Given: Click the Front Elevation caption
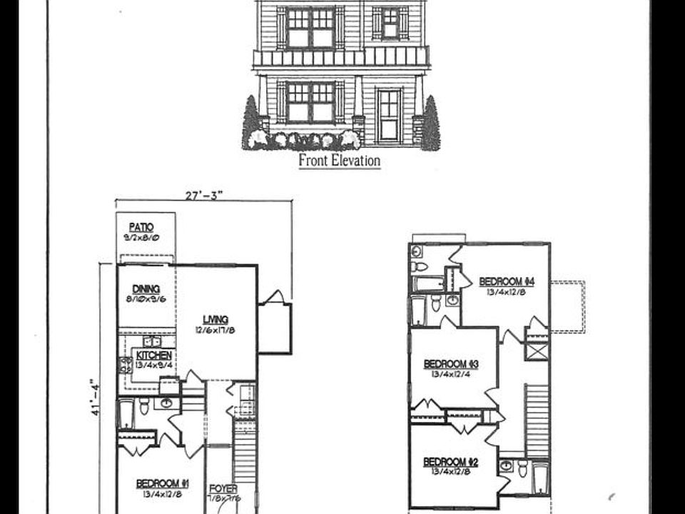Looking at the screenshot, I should (x=339, y=161).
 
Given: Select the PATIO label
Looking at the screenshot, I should (x=141, y=227).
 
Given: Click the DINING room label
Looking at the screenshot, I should (x=146, y=288).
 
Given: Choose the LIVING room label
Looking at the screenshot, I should (x=215, y=319).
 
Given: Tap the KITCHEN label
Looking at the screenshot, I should (x=153, y=355).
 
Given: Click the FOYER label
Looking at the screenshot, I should (x=223, y=489).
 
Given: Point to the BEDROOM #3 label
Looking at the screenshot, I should (x=451, y=363).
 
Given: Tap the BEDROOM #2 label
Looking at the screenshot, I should (x=451, y=461).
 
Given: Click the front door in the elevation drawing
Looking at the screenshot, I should (x=389, y=114).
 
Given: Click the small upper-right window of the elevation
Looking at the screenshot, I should (x=390, y=23).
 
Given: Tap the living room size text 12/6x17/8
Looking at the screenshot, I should (x=215, y=329).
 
